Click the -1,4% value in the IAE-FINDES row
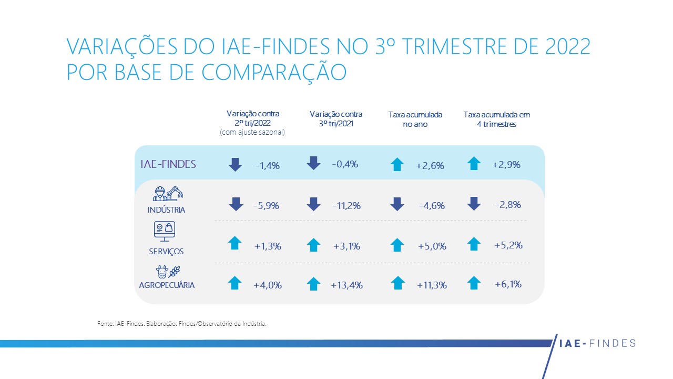(x=267, y=166)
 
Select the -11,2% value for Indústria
(x=346, y=206)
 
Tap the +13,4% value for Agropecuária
(x=346, y=285)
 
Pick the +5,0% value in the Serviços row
(x=432, y=246)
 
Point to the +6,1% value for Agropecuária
(x=508, y=284)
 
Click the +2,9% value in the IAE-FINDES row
(x=506, y=165)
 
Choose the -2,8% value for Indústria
(x=508, y=204)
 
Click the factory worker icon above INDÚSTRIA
(x=168, y=193)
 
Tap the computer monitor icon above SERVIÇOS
(x=164, y=231)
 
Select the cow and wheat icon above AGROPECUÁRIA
(x=168, y=272)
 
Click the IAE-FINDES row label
(x=168, y=164)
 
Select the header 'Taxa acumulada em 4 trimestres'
(x=496, y=119)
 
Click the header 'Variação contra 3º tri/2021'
(x=336, y=119)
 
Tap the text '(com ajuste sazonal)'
(x=252, y=133)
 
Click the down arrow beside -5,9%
(x=235, y=204)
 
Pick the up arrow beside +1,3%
(x=235, y=243)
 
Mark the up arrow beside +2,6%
(x=397, y=164)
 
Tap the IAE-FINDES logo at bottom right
(x=596, y=344)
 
